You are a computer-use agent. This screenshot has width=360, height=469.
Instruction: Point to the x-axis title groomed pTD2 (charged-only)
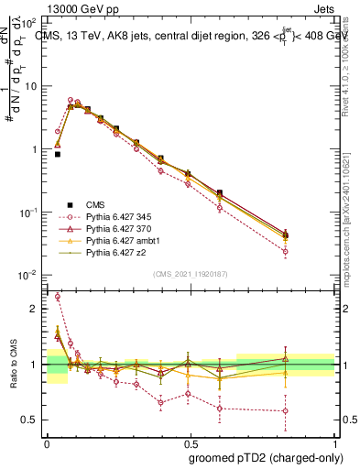tap(262, 457)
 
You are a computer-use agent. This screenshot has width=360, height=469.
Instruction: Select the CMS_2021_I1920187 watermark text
tap(190, 274)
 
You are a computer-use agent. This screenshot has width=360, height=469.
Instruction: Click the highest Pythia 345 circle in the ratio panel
tap(58, 297)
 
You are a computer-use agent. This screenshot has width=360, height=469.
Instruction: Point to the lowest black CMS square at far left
tap(58, 155)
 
